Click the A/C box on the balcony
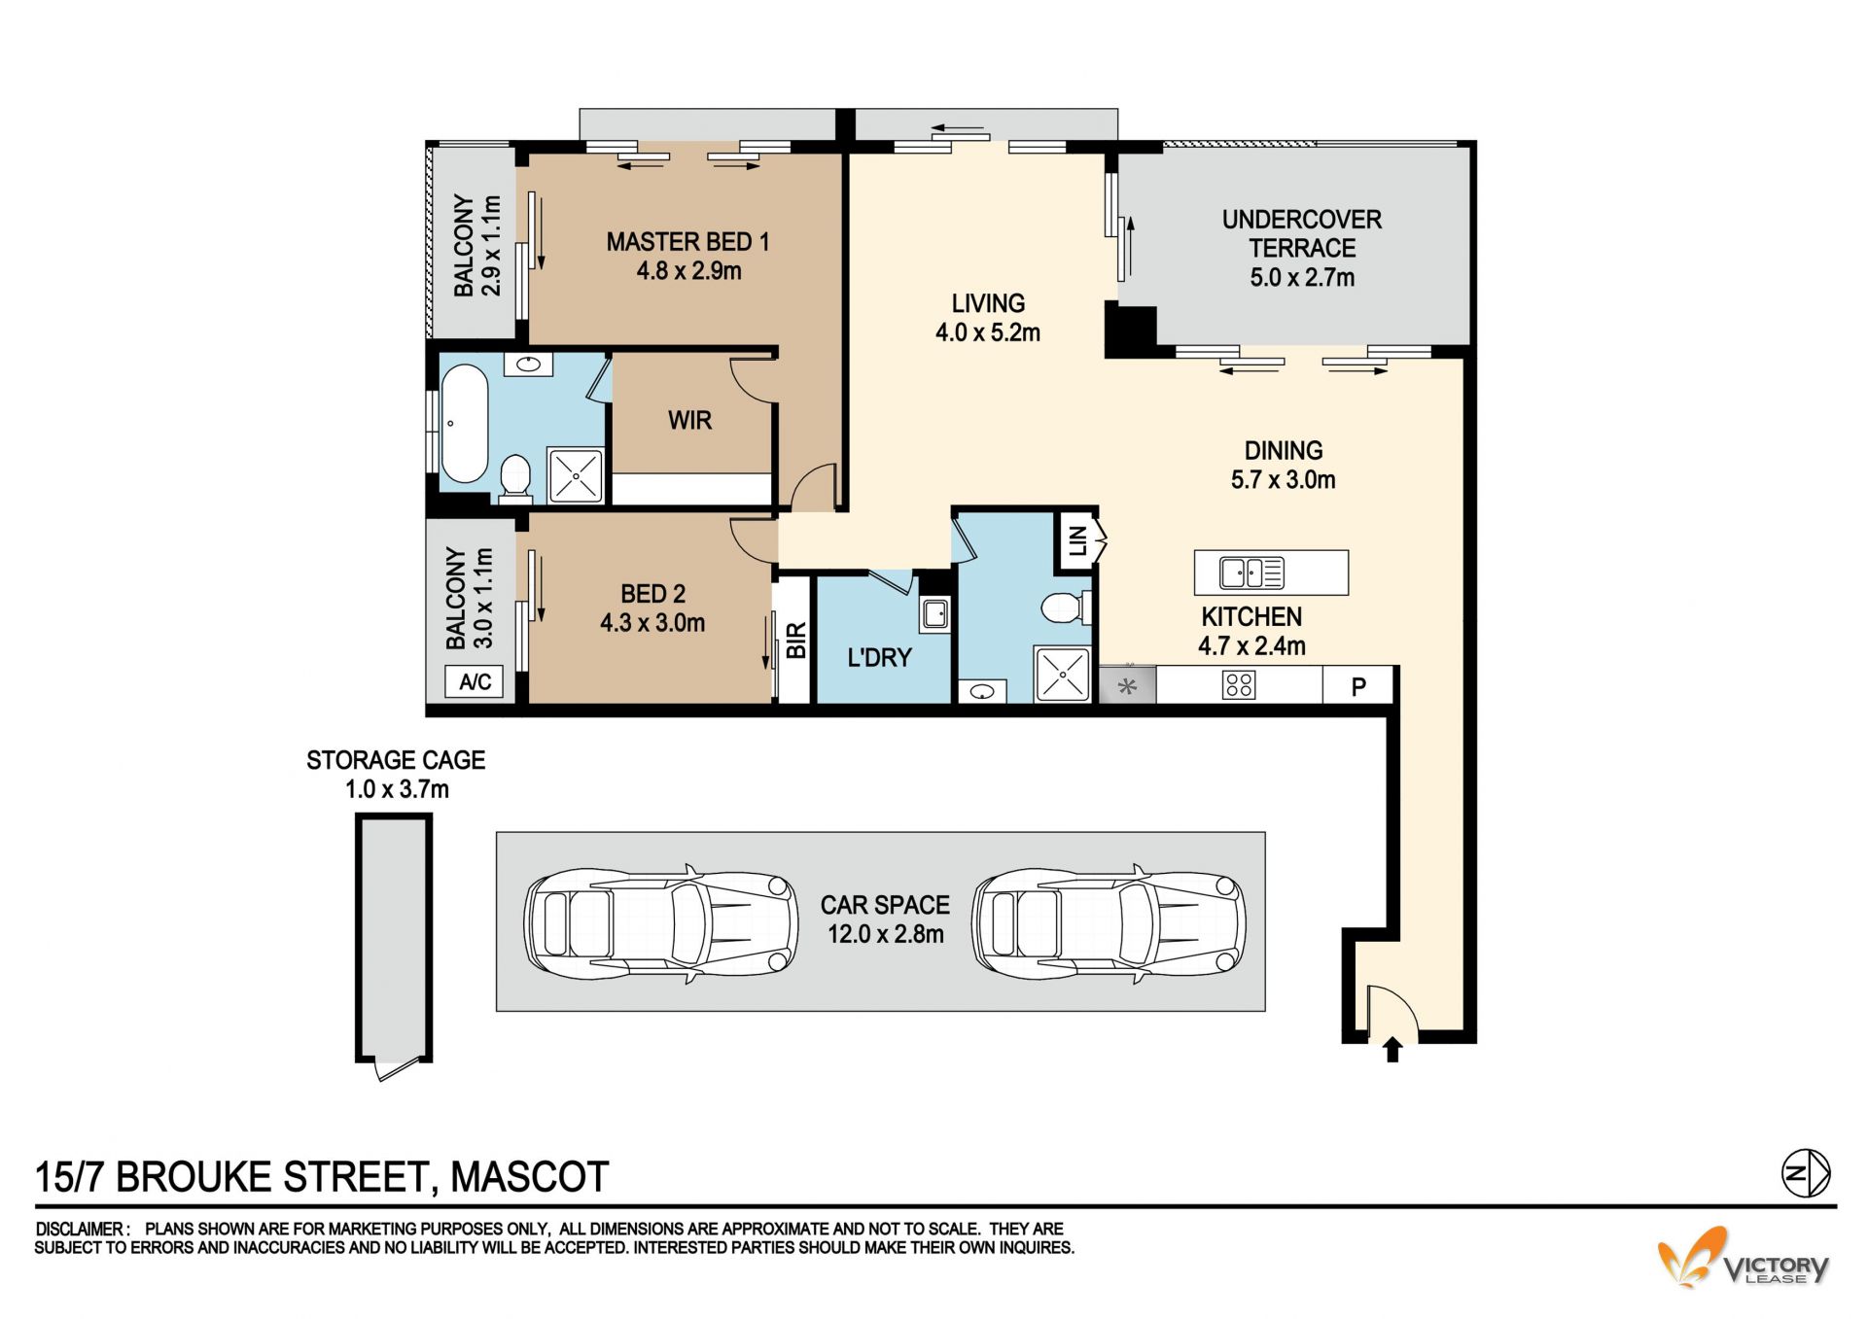(475, 681)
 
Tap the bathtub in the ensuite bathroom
(464, 424)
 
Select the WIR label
(689, 421)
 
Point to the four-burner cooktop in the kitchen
(1239, 685)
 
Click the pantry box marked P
(1358, 686)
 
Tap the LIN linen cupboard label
(1077, 540)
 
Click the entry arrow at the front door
(1392, 1050)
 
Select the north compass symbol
(1806, 1173)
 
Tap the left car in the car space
(661, 920)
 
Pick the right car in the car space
(1109, 920)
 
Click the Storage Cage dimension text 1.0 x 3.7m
(397, 789)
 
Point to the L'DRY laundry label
(879, 658)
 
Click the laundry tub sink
(935, 614)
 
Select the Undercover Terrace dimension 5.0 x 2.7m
(1302, 278)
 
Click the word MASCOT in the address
(530, 1177)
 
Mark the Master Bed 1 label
(688, 242)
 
